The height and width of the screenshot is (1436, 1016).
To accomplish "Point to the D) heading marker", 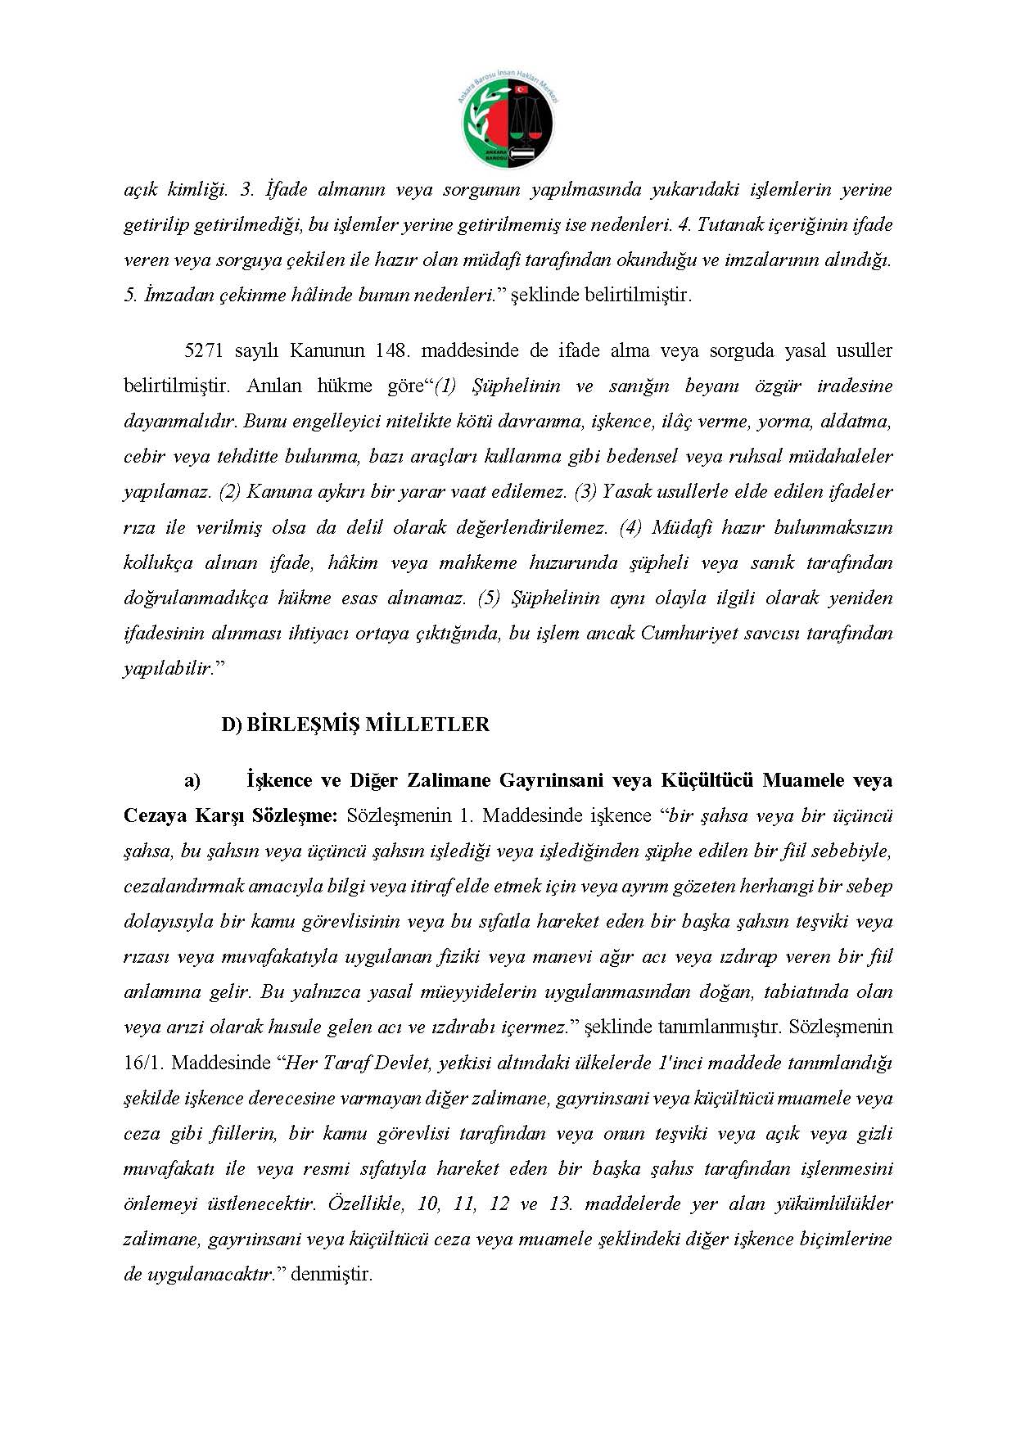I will tap(231, 725).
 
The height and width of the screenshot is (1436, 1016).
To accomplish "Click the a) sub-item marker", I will tap(192, 780).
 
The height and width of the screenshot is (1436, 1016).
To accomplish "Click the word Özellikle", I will tap(365, 1203).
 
